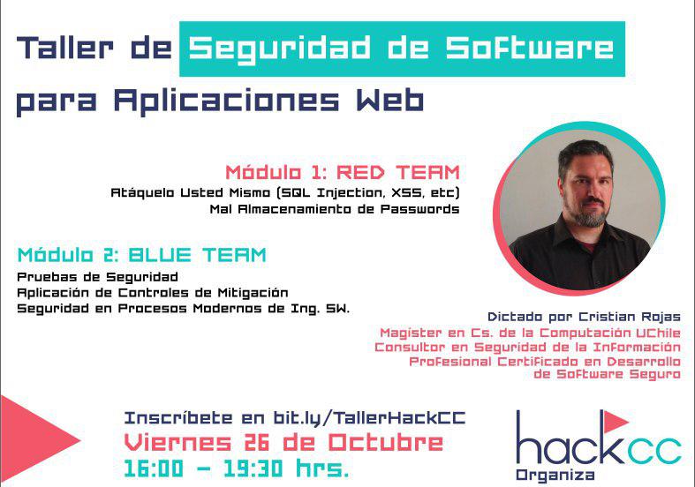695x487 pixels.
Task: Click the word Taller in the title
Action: [64, 47]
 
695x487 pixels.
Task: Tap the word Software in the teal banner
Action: [530, 47]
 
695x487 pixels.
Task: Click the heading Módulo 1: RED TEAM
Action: [343, 172]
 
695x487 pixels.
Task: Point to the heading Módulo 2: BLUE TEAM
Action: [142, 255]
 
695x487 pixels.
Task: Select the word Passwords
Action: [419, 209]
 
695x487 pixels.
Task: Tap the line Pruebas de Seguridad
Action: [97, 278]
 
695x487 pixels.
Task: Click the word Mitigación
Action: [253, 293]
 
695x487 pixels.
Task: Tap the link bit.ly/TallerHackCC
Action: [369, 418]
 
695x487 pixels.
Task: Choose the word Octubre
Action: [386, 442]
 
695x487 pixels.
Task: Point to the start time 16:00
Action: [154, 468]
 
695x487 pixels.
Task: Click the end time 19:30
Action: [253, 468]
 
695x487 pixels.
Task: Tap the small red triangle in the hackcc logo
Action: [616, 422]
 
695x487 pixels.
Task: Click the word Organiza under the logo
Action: [555, 476]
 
